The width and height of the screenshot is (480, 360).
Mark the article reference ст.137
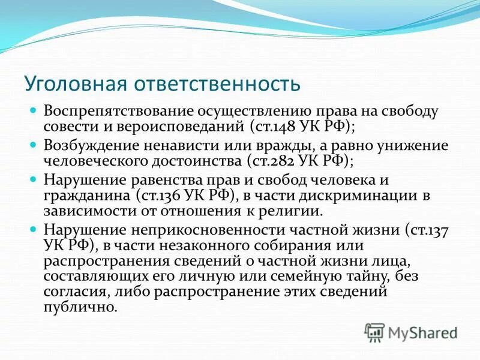pyautogui.click(x=429, y=230)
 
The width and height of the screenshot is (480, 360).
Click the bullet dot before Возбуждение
pyautogui.click(x=34, y=145)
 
